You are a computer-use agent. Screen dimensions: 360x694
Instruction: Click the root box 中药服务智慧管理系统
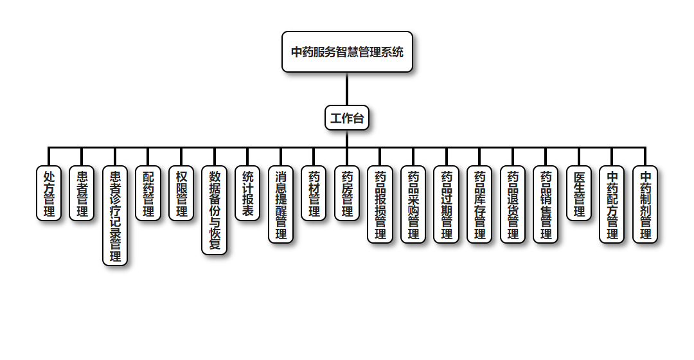[347, 52]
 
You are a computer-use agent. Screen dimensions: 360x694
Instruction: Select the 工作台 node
[347, 118]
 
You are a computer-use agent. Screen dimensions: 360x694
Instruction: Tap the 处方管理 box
[49, 194]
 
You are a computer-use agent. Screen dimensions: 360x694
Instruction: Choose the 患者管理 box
[82, 194]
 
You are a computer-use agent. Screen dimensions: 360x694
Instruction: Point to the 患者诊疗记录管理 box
[115, 216]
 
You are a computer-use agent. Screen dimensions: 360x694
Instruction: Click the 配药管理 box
[148, 194]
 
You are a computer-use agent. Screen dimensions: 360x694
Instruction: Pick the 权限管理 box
[181, 194]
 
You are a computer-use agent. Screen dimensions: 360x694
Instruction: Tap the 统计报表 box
[247, 194]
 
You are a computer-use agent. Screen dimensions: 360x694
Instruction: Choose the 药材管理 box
[314, 194]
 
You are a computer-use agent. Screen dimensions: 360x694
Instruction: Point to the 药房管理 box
[347, 194]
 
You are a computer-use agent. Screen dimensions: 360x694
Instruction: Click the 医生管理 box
[579, 194]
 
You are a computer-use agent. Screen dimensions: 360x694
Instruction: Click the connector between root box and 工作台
[347, 89]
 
